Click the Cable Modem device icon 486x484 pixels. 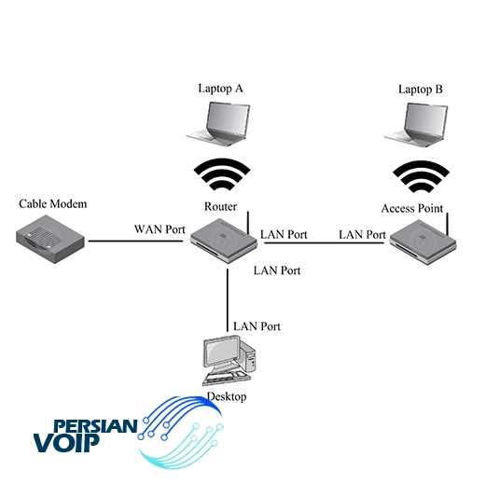click(50, 239)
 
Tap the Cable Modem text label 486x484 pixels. click(53, 204)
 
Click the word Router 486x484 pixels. click(220, 206)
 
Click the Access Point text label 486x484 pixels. click(412, 208)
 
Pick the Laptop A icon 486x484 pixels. click(218, 124)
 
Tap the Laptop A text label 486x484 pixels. click(220, 89)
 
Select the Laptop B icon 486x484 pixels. click(416, 125)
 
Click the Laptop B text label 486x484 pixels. click(421, 90)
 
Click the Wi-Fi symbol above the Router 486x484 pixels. click(222, 174)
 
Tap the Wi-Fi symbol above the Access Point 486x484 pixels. click(422, 176)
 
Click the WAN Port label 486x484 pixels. click(160, 229)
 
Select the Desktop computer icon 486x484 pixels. click(229, 361)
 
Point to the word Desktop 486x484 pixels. click(227, 397)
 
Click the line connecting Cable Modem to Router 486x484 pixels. click(135, 241)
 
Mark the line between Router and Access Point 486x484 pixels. click(324, 242)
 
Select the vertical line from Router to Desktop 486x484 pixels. click(228, 300)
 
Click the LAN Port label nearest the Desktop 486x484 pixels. click(257, 326)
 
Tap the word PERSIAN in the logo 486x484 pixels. click(96, 425)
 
